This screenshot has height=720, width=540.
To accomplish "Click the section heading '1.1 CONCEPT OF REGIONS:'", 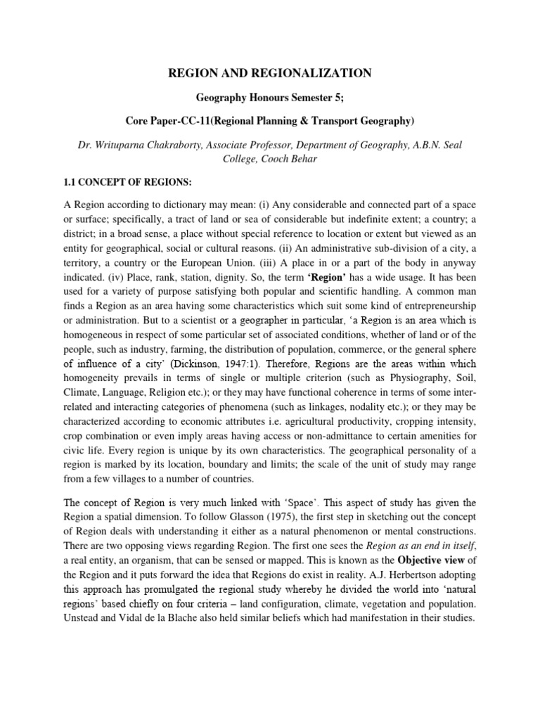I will point(127,182).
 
